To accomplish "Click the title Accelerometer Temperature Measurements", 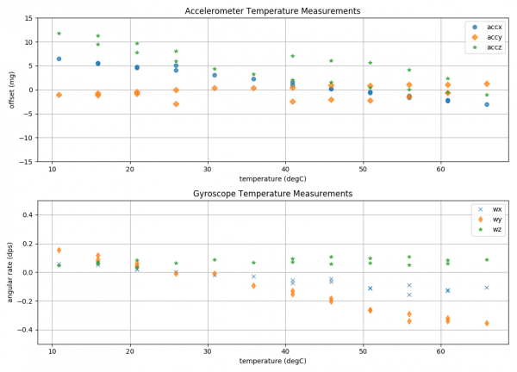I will point(272,10).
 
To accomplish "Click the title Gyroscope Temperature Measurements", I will point(272,194).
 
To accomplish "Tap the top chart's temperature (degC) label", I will point(272,177).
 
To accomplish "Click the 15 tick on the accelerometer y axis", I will point(28,18).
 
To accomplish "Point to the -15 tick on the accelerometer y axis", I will point(27,161).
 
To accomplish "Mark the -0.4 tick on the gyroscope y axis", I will point(25,330).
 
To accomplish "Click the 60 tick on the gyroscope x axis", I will point(441,350).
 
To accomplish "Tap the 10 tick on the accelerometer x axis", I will point(53,168).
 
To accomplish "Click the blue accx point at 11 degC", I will point(59,59).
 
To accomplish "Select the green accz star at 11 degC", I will point(59,34).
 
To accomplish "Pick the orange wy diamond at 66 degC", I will point(487,324).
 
